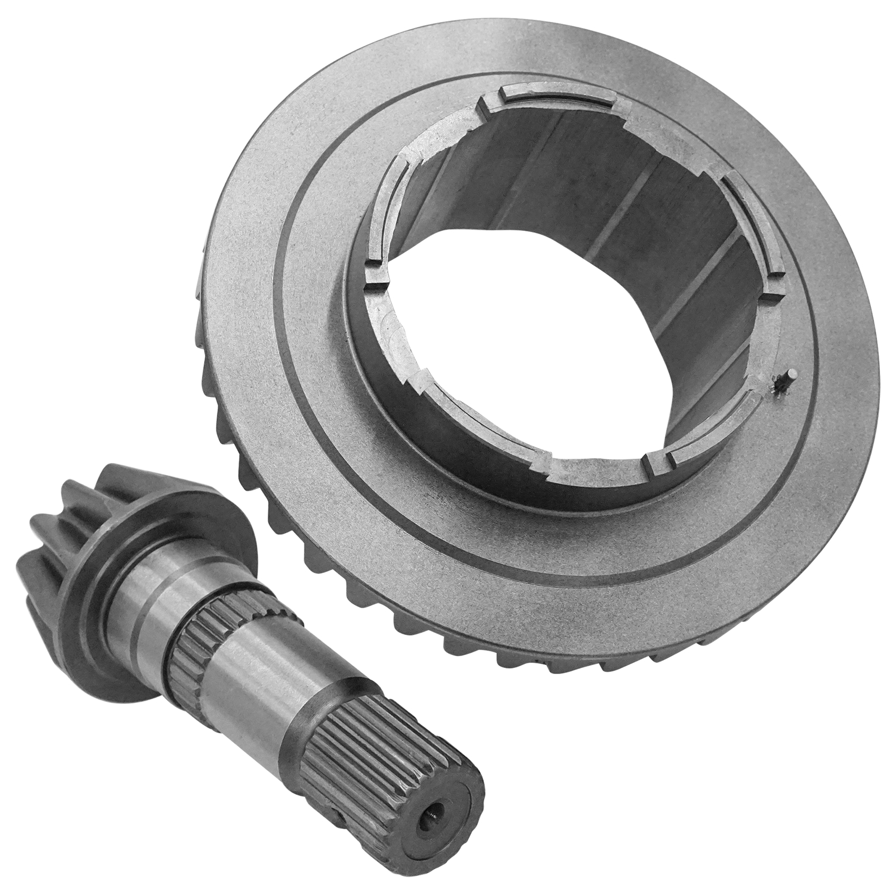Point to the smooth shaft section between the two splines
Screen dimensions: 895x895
coord(252,688)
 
